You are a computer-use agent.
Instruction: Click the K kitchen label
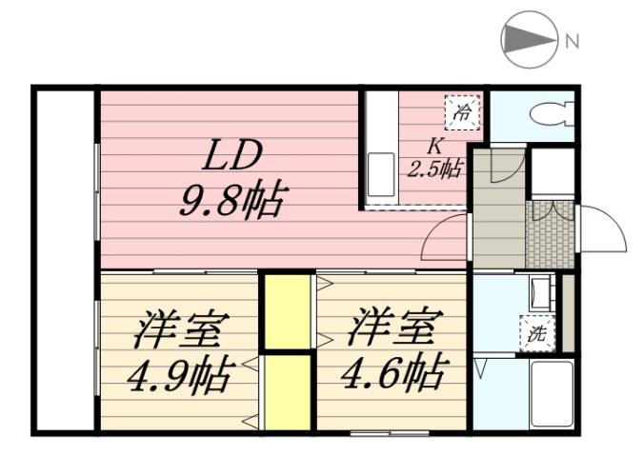tap(433, 147)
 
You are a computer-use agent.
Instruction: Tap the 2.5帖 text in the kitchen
tap(435, 169)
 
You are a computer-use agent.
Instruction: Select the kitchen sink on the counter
tap(378, 177)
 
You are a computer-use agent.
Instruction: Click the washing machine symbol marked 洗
tap(534, 333)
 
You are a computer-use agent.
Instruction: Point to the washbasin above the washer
tap(539, 291)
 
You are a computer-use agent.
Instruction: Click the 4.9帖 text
tap(179, 375)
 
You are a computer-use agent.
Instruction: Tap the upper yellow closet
tap(289, 311)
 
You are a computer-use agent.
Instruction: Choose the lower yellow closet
tap(289, 391)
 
